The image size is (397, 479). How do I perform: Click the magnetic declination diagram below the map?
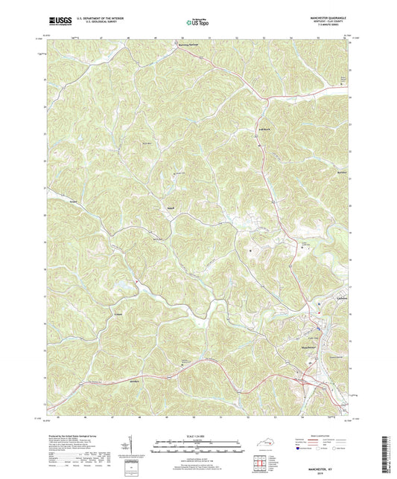[135, 445]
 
